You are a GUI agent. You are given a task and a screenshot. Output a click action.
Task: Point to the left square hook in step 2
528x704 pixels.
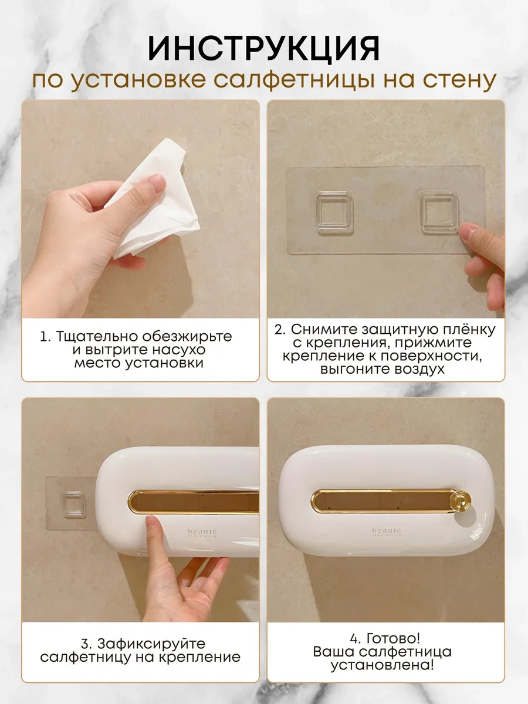pyautogui.click(x=334, y=212)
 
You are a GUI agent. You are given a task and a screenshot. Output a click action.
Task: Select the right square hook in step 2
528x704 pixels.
pyautogui.click(x=440, y=212)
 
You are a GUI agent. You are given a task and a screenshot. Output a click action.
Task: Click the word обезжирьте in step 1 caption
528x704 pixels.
pyautogui.click(x=187, y=336)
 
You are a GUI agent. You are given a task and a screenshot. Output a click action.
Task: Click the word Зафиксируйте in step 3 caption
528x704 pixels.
pyautogui.click(x=151, y=644)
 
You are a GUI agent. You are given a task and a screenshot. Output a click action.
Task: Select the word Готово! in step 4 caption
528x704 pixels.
pyautogui.click(x=393, y=638)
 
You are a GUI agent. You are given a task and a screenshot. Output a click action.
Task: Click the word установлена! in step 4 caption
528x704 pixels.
pyautogui.click(x=382, y=665)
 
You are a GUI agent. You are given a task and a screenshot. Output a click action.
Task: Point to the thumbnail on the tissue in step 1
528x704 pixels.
pyautogui.click(x=157, y=183)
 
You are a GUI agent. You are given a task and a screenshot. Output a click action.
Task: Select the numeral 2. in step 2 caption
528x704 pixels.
pyautogui.click(x=280, y=330)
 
